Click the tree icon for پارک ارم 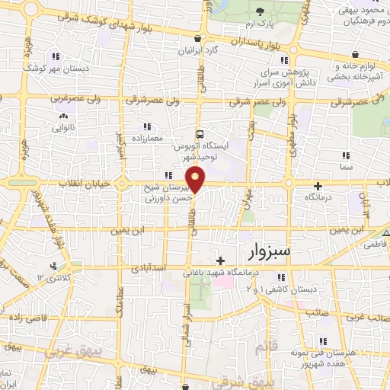click(261, 11)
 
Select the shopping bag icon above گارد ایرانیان click(198, 39)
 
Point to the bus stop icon click(199, 132)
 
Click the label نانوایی click(62, 128)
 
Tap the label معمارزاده click(146, 139)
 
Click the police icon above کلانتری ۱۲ click(53, 266)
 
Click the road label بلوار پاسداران click(241, 41)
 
